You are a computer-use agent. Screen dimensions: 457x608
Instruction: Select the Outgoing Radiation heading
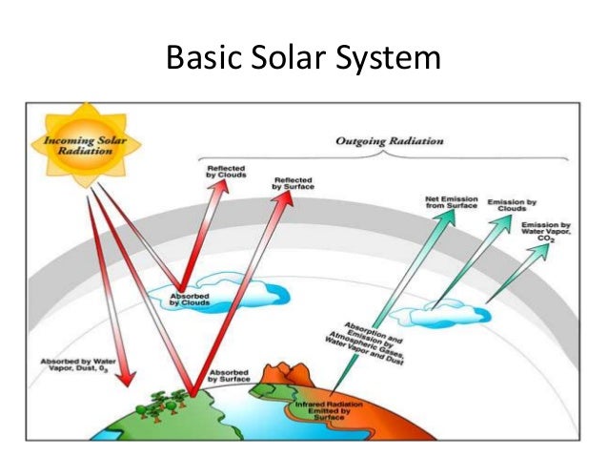tap(377, 141)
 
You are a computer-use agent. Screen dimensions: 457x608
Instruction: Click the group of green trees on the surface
tap(157, 405)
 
